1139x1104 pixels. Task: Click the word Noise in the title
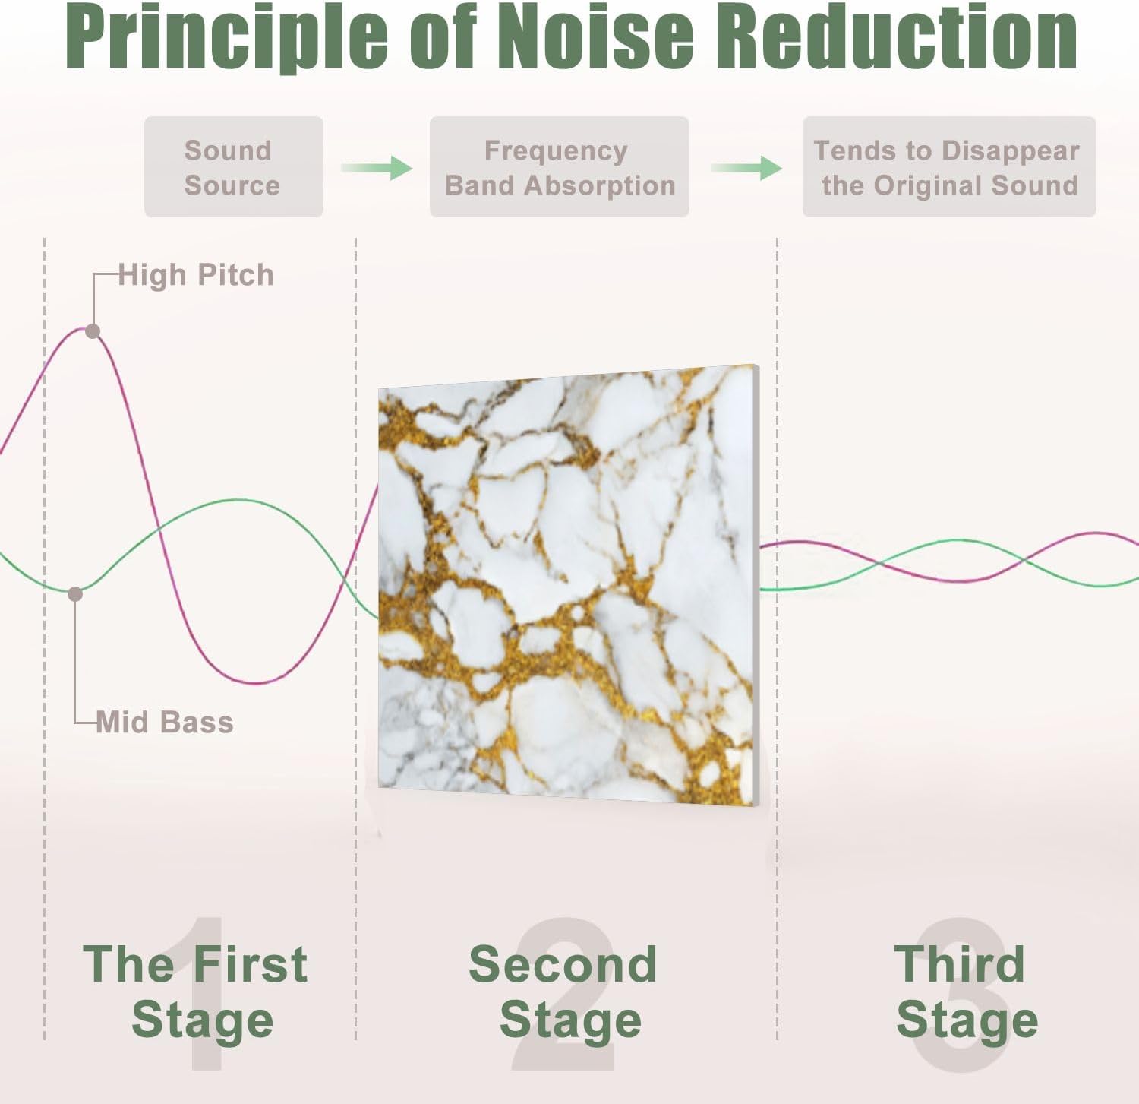596,36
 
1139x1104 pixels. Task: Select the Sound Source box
233,167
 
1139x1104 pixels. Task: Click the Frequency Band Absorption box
559,167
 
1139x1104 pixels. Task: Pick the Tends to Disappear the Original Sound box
948,167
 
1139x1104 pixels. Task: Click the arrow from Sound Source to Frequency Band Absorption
377,167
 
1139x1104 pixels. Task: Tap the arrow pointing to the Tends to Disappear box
746,167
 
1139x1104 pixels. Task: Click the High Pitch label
196,275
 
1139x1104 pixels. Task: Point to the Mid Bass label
165,722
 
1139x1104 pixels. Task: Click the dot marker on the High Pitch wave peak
93,331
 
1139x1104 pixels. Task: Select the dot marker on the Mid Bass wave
75,593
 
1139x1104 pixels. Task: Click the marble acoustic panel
568,585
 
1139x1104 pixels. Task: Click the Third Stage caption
964,992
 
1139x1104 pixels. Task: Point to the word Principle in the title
226,36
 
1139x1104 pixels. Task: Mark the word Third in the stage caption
959,964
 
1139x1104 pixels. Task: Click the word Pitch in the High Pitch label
235,275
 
